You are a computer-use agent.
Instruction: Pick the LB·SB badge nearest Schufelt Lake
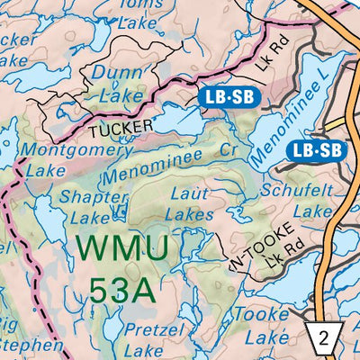319,150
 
